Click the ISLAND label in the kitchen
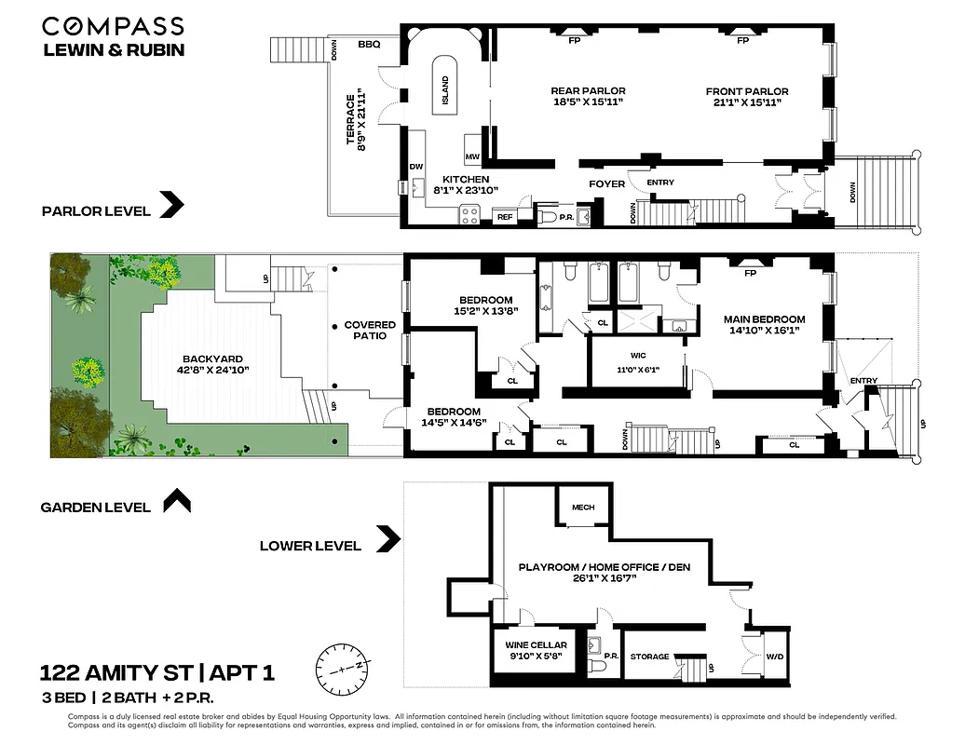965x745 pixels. (445, 89)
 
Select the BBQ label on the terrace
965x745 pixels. (369, 44)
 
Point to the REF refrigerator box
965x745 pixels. (505, 216)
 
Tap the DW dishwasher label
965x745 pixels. (416, 167)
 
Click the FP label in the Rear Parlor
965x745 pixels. (574, 41)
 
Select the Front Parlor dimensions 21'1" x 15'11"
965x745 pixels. (746, 102)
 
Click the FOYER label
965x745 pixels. (606, 183)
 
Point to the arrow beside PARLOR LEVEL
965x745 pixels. (171, 205)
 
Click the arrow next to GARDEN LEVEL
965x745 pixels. (176, 502)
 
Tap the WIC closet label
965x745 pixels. (638, 356)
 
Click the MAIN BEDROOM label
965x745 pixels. (764, 319)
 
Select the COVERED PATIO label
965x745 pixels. (370, 331)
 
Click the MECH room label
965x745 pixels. (583, 508)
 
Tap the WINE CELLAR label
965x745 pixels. (533, 644)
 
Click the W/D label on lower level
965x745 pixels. (775, 657)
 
